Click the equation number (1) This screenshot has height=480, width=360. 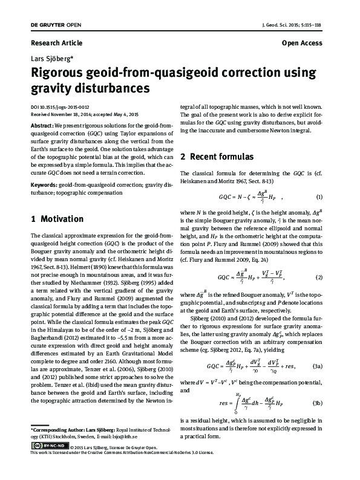(319, 197)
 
